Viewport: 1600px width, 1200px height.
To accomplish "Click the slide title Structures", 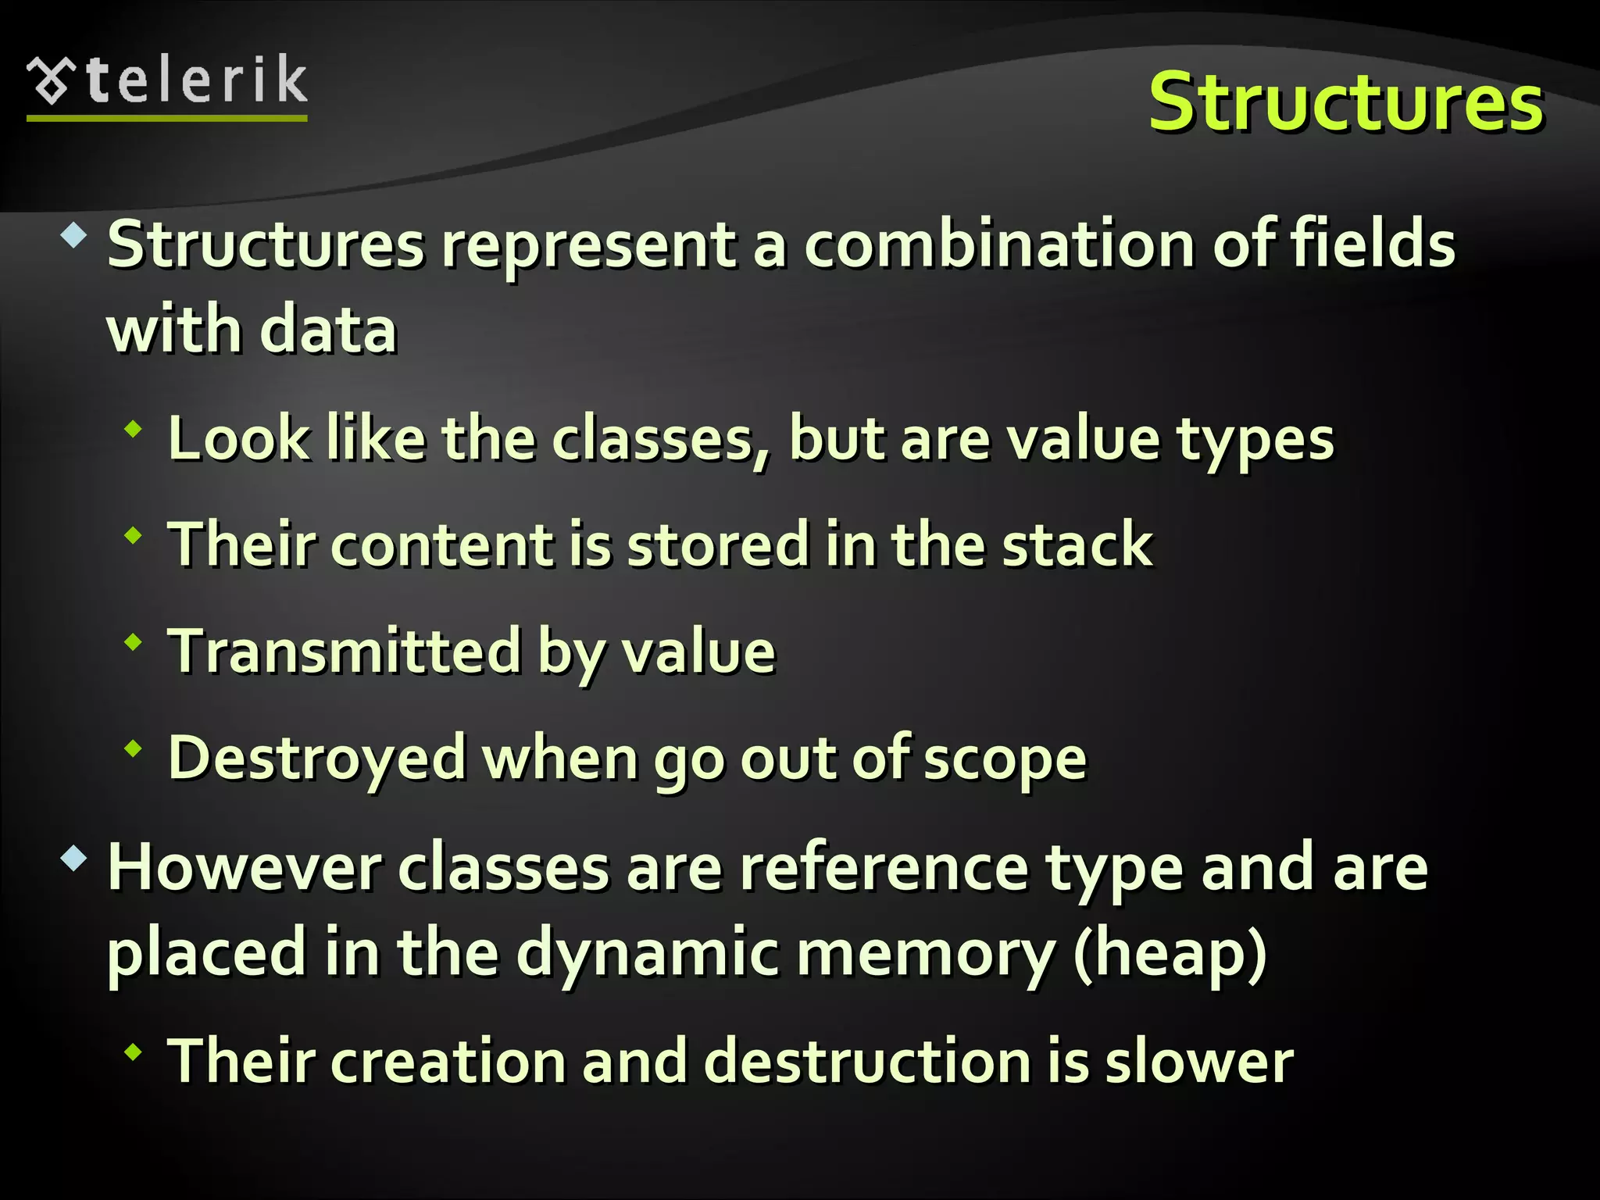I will pos(1345,102).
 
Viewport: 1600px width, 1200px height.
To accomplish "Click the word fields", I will pos(1373,245).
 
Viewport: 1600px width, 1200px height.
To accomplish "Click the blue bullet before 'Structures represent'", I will pos(74,235).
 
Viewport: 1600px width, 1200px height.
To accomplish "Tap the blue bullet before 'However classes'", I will pos(74,859).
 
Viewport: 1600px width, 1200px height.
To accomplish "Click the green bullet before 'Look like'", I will pos(134,429).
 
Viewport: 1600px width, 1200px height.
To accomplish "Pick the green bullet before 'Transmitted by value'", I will pos(134,642).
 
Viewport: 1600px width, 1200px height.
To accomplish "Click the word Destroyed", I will pos(317,758).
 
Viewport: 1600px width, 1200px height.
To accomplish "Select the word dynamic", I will pos(648,954).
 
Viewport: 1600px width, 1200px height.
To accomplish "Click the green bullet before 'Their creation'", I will pos(134,1052).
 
